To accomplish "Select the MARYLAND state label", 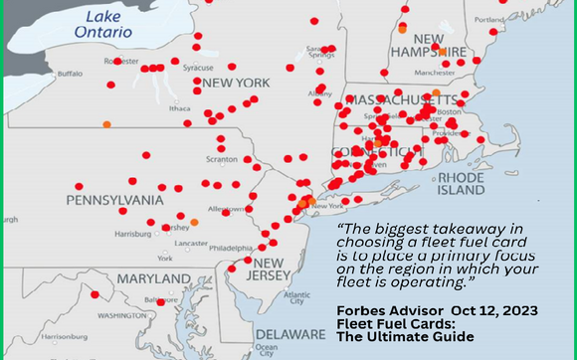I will tap(153, 279).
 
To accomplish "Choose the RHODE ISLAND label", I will tap(461, 182).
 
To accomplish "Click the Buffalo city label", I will tap(70, 74).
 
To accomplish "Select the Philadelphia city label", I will tap(232, 248).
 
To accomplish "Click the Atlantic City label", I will tap(294, 297).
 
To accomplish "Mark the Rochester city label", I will tap(120, 61).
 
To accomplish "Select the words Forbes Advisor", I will tap(378, 310).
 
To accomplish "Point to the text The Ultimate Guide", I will tap(394, 337).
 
